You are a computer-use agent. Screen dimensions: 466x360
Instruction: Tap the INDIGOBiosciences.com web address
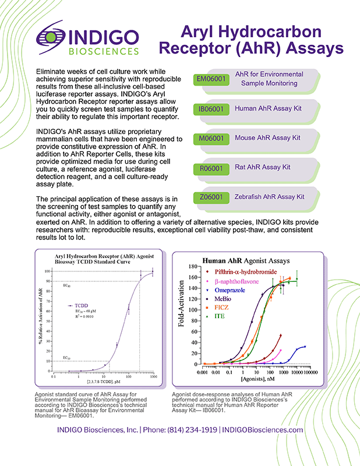click(263, 430)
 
